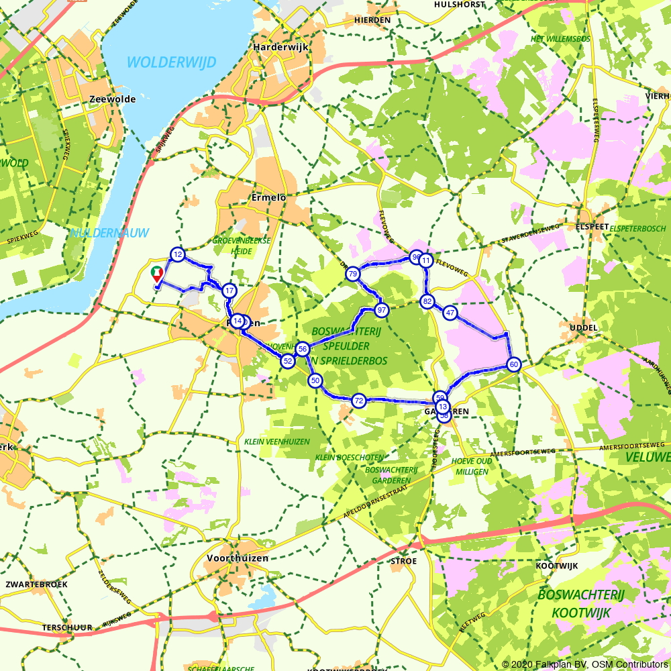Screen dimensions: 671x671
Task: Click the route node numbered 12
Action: [177, 254]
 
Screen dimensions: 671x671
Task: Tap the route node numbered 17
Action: [229, 291]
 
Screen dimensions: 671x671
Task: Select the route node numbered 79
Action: [352, 274]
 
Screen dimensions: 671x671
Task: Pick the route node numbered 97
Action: [382, 310]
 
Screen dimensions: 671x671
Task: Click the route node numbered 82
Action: [427, 301]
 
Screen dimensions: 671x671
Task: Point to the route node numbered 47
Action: [450, 313]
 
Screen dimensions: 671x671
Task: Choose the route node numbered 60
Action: [514, 364]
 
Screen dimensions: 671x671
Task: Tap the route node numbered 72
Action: [359, 401]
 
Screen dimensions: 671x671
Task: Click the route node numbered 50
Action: [315, 380]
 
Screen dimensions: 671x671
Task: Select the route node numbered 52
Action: [287, 361]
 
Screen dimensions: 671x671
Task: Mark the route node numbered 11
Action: [425, 261]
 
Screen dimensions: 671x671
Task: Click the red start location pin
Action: [157, 273]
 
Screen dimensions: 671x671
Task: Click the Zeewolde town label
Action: [112, 99]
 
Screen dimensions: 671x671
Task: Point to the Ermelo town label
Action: [268, 198]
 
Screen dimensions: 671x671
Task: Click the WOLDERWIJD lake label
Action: [171, 62]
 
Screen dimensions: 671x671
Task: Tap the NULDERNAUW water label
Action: [109, 233]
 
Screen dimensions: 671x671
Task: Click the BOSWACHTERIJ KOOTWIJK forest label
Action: [581, 603]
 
